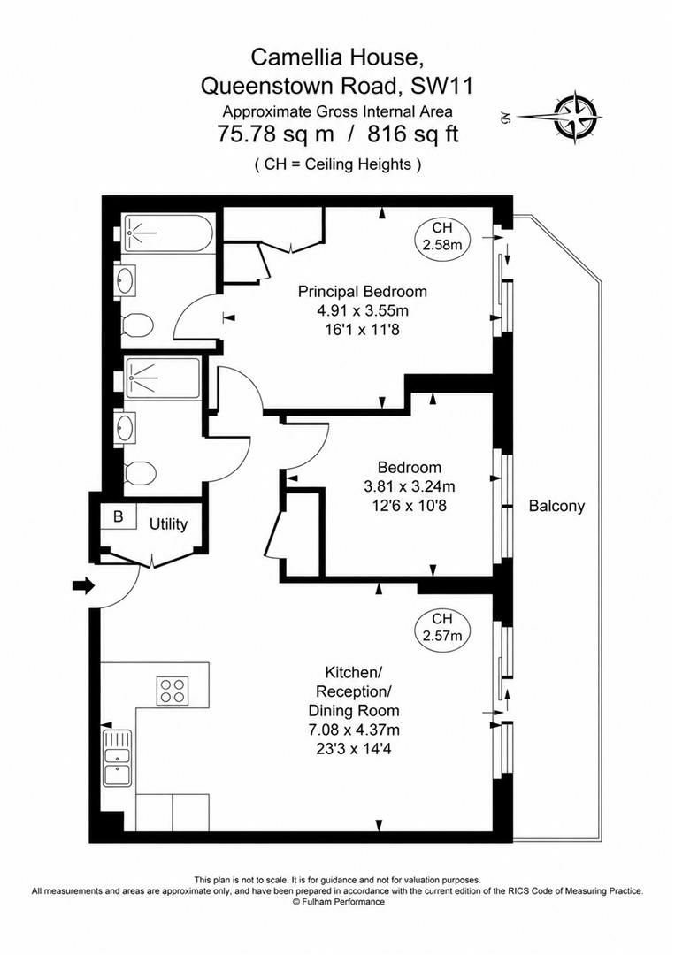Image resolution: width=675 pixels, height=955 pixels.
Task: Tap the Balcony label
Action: point(556,506)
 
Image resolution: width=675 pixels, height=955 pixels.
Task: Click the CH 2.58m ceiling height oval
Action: point(442,237)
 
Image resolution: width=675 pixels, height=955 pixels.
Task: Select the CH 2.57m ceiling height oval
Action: point(442,628)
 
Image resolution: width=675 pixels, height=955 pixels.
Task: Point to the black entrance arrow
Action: point(83,586)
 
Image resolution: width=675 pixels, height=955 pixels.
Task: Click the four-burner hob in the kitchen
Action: point(173,691)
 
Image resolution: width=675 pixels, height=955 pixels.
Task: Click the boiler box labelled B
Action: point(119,517)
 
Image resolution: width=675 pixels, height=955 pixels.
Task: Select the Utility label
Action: point(168,523)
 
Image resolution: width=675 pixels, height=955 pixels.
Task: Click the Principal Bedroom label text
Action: point(363,291)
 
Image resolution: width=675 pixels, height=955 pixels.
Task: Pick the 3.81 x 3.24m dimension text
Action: point(410,486)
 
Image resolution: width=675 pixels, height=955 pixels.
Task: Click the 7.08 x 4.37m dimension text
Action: point(354,729)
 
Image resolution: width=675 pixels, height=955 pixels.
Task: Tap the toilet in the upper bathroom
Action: point(136,325)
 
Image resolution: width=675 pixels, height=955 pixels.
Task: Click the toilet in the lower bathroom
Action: point(140,472)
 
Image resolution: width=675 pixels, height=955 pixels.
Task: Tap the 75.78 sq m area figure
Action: point(275,134)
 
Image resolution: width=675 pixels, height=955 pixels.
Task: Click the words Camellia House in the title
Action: point(337,57)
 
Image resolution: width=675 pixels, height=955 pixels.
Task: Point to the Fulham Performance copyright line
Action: point(338,901)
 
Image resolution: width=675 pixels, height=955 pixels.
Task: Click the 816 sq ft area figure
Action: point(412,134)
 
